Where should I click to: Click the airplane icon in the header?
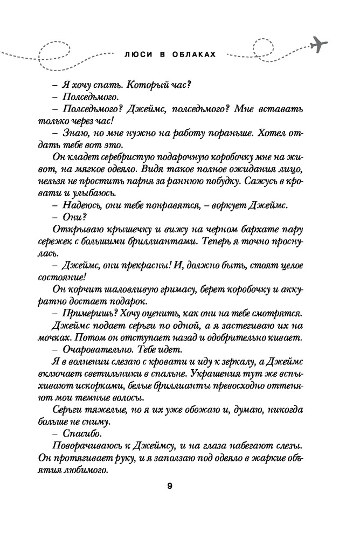pos(319,43)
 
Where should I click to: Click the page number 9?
pos(169,487)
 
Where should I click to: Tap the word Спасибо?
pos(81,434)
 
